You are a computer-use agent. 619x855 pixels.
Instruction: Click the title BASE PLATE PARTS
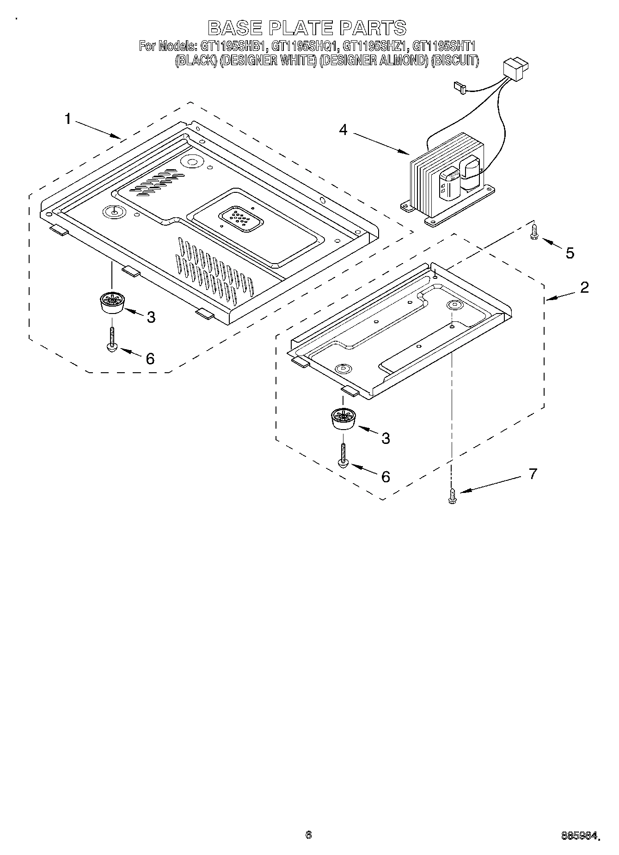click(307, 28)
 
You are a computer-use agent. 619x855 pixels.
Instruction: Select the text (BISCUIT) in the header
click(454, 61)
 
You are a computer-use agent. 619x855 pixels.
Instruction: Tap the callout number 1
click(68, 119)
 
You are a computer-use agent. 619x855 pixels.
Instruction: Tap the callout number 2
click(584, 287)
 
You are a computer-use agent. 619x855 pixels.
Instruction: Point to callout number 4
click(343, 130)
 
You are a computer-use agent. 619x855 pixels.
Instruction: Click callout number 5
click(570, 253)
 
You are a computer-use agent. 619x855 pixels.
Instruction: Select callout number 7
click(533, 474)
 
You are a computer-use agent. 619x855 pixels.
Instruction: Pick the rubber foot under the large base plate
click(111, 303)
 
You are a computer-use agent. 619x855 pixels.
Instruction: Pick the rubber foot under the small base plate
click(343, 419)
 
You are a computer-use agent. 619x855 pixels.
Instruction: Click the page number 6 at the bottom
click(308, 835)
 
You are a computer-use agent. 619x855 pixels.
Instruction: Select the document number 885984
click(580, 836)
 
